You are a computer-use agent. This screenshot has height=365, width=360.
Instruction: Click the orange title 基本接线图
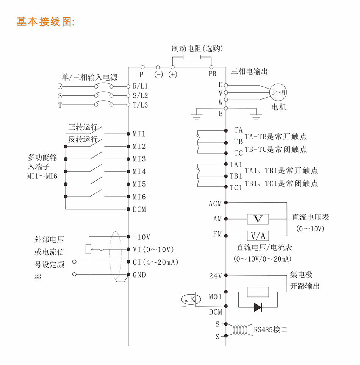tap(46, 22)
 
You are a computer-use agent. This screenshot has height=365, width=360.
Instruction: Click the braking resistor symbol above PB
tap(192, 57)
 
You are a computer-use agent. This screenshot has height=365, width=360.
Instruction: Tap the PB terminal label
tap(212, 74)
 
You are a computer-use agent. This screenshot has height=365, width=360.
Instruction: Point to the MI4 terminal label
tap(139, 172)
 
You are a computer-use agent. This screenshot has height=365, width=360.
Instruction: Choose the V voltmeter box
tap(258, 219)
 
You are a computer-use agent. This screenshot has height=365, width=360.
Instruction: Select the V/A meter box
tap(258, 236)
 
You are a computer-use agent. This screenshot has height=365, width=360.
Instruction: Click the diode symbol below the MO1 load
tap(258, 307)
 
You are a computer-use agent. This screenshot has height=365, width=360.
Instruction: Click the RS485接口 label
tap(271, 329)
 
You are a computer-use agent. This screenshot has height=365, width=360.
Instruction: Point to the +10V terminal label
tap(141, 237)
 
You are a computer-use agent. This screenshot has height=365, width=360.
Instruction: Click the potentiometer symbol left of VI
tap(88, 249)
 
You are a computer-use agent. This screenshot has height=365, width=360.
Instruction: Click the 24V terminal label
tap(215, 276)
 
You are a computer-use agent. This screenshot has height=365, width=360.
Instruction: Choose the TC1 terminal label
tap(236, 187)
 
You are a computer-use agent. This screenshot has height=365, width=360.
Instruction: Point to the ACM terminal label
tap(215, 204)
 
